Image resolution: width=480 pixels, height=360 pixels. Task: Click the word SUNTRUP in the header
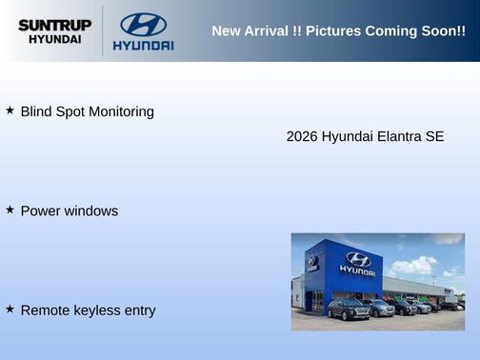point(54,26)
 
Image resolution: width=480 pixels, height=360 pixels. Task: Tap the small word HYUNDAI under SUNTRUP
point(54,40)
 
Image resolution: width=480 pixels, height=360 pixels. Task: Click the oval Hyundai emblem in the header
point(143,24)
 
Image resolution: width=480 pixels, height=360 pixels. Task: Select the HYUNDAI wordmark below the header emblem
point(143,46)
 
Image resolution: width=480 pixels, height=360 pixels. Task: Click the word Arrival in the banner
point(270,31)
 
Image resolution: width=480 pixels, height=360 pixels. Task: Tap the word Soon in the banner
point(437,31)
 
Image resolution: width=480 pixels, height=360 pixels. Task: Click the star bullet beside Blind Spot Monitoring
point(10,110)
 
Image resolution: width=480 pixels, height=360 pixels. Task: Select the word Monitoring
point(121,111)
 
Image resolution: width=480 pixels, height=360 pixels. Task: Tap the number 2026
point(302,136)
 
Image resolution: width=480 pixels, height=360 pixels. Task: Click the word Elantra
point(397,136)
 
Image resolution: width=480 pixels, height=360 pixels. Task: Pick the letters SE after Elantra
point(434,136)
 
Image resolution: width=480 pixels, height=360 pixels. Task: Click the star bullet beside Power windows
point(10,210)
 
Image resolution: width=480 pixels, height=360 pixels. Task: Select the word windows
point(91,210)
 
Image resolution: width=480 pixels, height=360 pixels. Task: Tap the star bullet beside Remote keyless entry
point(10,309)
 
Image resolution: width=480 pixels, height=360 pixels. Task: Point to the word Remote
point(44,310)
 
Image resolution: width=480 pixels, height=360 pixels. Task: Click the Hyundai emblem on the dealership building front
point(357,258)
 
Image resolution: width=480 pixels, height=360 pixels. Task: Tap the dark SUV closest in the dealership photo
point(348,309)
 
